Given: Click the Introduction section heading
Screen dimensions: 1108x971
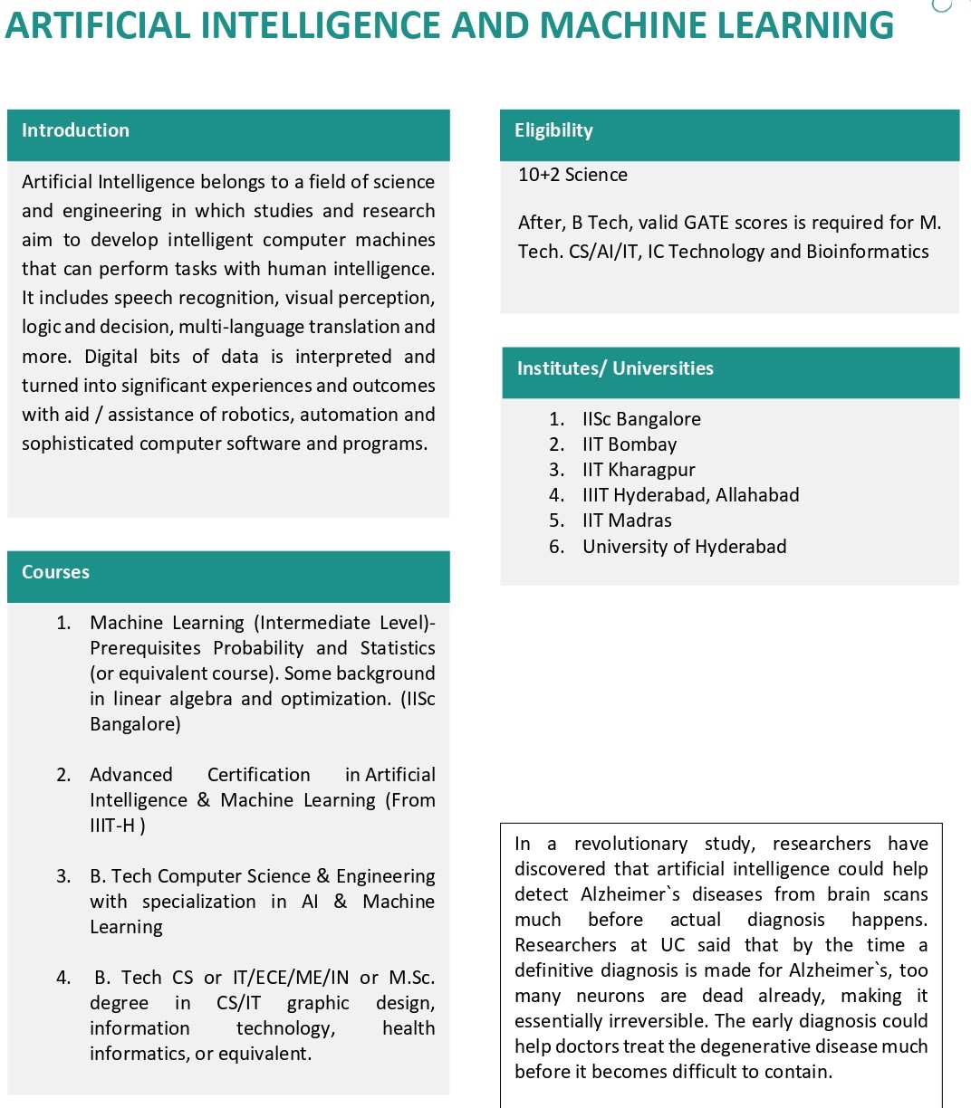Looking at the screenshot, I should coord(75,130).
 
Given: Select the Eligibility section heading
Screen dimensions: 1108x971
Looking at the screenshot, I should coord(553,130).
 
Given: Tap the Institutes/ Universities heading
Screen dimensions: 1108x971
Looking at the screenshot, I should coord(615,368).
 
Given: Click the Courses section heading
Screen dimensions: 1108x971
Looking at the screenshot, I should coord(55,572).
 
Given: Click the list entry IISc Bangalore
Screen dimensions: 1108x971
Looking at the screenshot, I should coord(641,419).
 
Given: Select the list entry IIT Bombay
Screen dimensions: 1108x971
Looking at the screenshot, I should coord(630,444).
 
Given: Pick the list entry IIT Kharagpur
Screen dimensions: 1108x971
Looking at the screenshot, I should coord(639,470).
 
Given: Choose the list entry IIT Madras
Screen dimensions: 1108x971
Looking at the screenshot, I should coord(627,521).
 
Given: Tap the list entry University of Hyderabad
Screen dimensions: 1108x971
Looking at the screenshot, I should coord(684,547).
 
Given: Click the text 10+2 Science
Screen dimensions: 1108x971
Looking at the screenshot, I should coord(572,175).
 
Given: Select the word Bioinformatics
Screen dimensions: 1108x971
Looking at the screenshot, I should coord(867,252).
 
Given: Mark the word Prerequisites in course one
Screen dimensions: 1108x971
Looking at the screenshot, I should coord(146,648).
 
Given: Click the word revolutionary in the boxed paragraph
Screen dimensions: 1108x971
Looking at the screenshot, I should coord(630,844).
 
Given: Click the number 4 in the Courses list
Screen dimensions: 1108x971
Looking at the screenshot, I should coord(62,978).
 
